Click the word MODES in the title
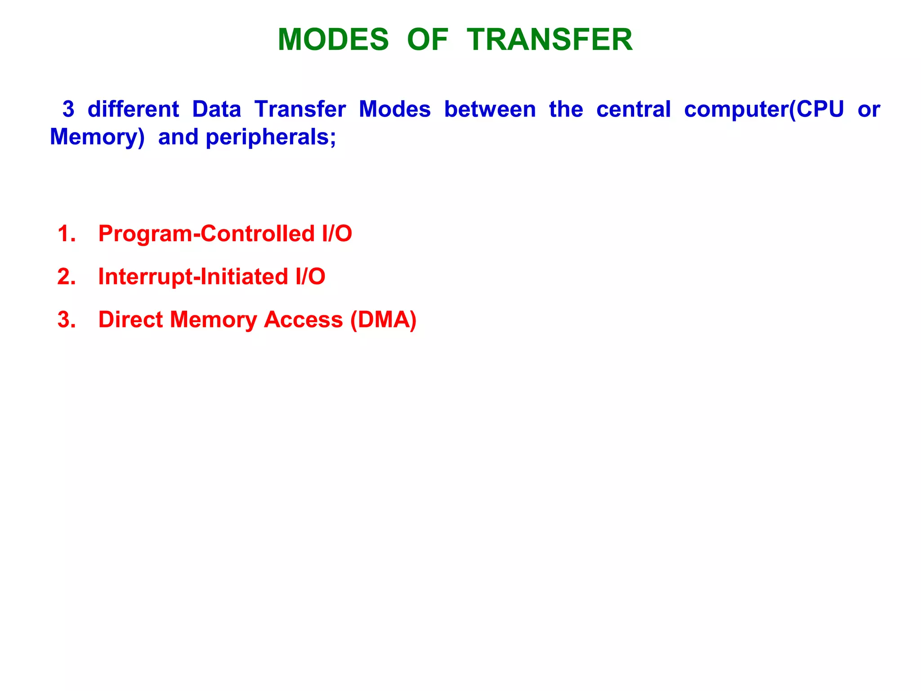(333, 40)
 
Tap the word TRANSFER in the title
(550, 40)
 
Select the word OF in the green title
(427, 40)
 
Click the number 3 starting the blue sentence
(68, 109)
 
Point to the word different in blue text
(133, 109)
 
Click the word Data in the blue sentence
(217, 109)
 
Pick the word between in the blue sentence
(490, 109)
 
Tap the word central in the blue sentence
(633, 109)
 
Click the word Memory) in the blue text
(97, 137)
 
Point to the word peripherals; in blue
(271, 137)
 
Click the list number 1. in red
(67, 234)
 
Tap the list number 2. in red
(67, 277)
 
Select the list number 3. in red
(67, 320)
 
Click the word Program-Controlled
(206, 234)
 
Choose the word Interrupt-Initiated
(193, 277)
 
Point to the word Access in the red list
(303, 320)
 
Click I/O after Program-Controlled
(337, 234)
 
